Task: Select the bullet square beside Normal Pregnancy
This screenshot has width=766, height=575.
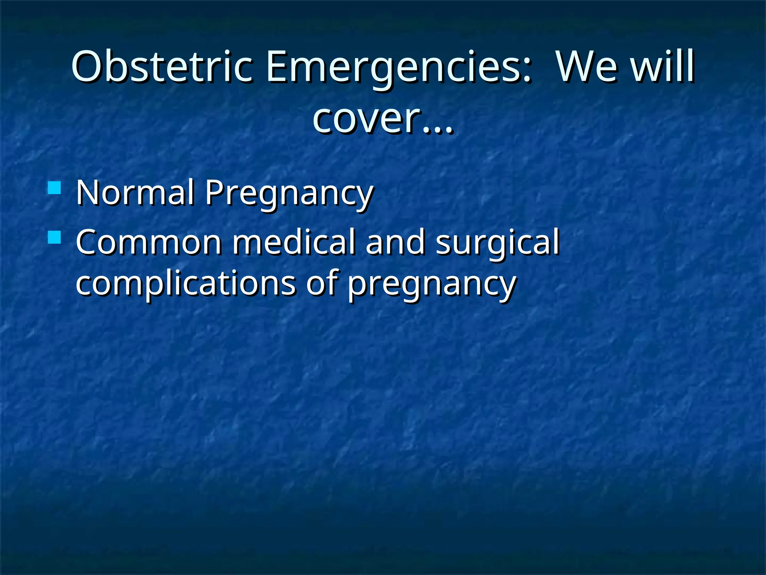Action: pyautogui.click(x=55, y=188)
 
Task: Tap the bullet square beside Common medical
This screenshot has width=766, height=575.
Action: pyautogui.click(x=55, y=237)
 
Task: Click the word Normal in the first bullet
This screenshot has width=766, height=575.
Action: pyautogui.click(x=135, y=192)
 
